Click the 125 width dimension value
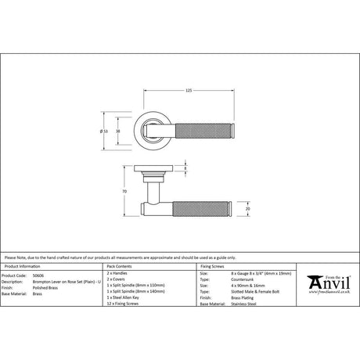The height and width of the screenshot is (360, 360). (189, 92)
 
